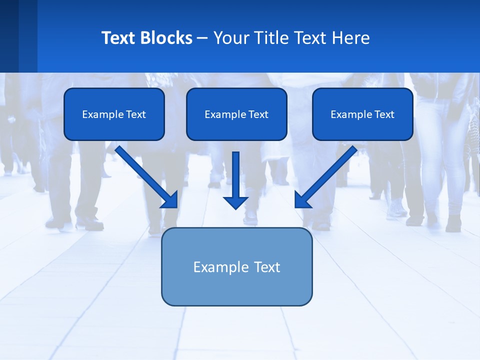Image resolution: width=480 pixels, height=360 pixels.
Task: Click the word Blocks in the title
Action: (x=167, y=38)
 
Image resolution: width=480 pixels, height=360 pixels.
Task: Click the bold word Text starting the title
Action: (x=118, y=38)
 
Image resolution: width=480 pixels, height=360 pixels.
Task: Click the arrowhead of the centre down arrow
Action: (x=235, y=202)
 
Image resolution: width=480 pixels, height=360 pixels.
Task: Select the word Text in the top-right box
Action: (x=384, y=114)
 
